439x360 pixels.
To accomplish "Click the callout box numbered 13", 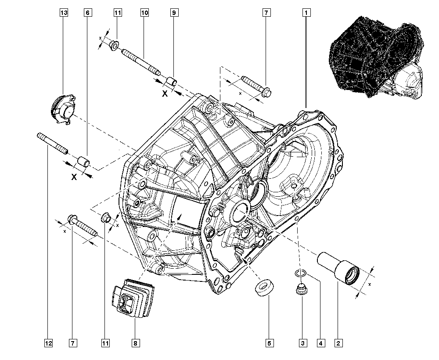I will click(x=64, y=13).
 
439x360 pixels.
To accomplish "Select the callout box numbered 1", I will click(x=306, y=13).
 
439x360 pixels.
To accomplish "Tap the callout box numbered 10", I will click(x=144, y=13).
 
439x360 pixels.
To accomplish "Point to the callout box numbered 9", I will click(x=174, y=13).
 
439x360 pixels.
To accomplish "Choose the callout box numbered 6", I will click(x=87, y=13).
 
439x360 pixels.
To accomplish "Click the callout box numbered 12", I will click(x=48, y=342).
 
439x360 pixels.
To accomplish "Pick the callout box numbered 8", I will click(x=135, y=342).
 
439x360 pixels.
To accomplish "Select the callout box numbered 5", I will click(x=269, y=342).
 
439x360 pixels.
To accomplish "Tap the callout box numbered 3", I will click(x=302, y=342).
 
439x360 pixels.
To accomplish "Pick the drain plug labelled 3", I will click(x=301, y=290).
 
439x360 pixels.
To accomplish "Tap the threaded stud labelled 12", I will click(x=52, y=143).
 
